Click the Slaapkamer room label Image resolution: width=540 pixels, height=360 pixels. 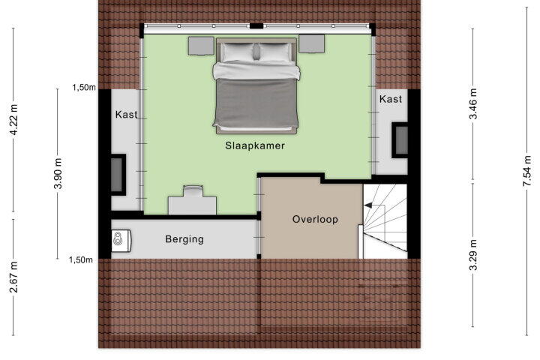click(255, 145)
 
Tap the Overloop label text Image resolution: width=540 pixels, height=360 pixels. click(315, 220)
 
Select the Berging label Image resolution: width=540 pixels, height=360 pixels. click(184, 239)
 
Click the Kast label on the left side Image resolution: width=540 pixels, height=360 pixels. click(127, 114)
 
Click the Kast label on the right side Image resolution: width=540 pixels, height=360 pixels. click(391, 99)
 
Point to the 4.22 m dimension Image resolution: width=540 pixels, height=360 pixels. click(13, 119)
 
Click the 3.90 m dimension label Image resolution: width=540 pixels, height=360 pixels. click(58, 173)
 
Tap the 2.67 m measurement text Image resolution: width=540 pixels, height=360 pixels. click(13, 277)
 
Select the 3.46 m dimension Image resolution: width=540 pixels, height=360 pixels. click(473, 103)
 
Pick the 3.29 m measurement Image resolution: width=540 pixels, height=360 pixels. click(473, 255)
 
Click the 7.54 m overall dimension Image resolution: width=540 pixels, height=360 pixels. click(527, 171)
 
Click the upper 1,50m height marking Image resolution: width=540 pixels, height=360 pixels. click(84, 88)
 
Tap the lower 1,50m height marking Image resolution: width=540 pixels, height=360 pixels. click(80, 259)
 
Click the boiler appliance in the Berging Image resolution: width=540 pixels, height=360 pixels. click(121, 239)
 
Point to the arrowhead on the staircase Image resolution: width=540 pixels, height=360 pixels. click(368, 205)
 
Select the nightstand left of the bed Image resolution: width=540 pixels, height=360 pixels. click(201, 46)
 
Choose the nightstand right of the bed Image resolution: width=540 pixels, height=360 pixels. click(312, 43)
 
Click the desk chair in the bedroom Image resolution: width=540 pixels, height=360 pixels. click(193, 191)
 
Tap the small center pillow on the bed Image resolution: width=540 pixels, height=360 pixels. click(256, 52)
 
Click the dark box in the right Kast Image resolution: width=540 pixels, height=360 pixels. click(400, 140)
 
